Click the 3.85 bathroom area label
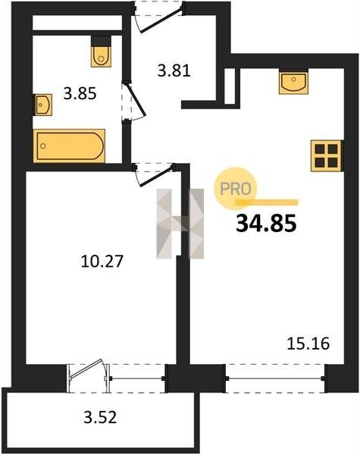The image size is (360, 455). (x=80, y=94)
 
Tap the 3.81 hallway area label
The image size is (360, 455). (x=174, y=71)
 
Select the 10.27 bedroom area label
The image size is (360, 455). (x=102, y=261)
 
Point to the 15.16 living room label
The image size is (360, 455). (x=308, y=344)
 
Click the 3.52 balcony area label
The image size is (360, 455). (x=100, y=418)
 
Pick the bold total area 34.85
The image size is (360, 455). (x=266, y=224)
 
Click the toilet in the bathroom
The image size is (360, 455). (x=101, y=52)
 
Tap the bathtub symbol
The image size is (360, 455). (x=69, y=146)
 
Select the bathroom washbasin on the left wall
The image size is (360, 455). (x=42, y=105)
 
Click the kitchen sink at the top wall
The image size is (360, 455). (x=293, y=81)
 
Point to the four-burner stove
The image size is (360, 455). (x=327, y=155)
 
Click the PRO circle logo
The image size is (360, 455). (x=236, y=189)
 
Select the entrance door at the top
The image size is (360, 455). (x=158, y=17)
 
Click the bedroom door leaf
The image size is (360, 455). (x=155, y=175)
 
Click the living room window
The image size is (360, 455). (x=275, y=378)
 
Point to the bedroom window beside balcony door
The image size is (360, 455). (x=137, y=378)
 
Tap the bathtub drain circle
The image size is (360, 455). (x=43, y=146)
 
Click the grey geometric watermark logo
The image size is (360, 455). (x=180, y=224)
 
